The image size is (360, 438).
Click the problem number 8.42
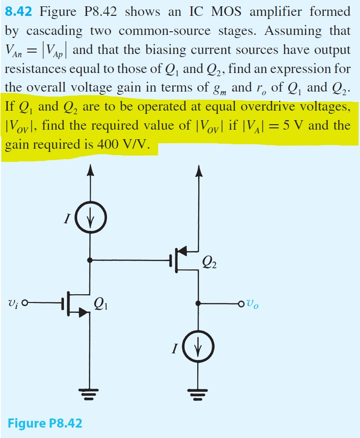(x=19, y=11)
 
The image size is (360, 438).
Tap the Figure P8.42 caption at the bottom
(x=45, y=423)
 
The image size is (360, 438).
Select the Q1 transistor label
(x=101, y=304)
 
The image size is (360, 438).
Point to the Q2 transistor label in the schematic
(x=210, y=263)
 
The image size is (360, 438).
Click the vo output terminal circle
(x=243, y=303)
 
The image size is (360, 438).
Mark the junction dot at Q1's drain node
(x=91, y=260)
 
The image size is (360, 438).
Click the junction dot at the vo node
(x=198, y=303)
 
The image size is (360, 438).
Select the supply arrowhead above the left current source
(x=91, y=170)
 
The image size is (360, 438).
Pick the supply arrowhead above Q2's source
(x=198, y=170)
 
